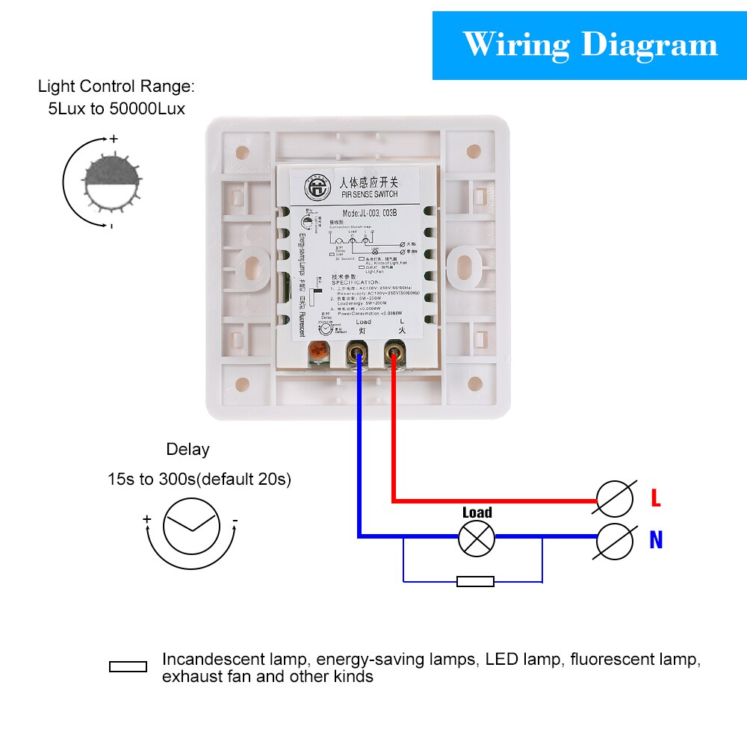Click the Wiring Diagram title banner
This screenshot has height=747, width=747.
[589, 45]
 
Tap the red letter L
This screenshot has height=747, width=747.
[656, 498]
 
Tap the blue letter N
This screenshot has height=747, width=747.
[656, 539]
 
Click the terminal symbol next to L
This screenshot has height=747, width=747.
[615, 498]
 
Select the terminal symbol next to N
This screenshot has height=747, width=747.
[615, 541]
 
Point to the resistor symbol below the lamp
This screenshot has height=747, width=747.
[475, 581]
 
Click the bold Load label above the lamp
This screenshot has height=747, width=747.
[477, 512]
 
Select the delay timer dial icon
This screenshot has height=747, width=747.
[191, 526]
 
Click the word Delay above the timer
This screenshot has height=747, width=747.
[187, 450]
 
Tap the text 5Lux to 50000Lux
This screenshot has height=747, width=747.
[117, 108]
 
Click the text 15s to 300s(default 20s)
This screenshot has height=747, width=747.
[199, 480]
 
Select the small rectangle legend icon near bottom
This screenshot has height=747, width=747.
[128, 666]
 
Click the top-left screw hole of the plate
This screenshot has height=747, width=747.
[242, 152]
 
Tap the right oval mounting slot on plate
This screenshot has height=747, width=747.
[464, 264]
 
